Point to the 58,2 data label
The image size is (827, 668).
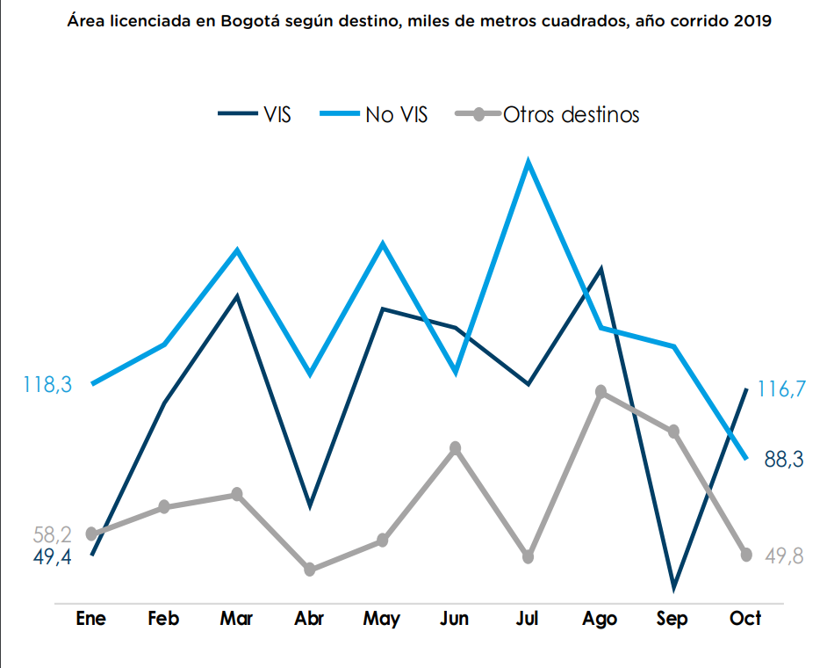pyautogui.click(x=53, y=534)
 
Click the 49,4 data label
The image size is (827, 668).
pyautogui.click(x=53, y=557)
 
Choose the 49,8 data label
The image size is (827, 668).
pyautogui.click(x=784, y=555)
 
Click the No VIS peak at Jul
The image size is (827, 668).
pyautogui.click(x=528, y=163)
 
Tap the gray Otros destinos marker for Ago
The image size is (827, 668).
pyautogui.click(x=600, y=391)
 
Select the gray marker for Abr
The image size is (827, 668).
pyautogui.click(x=309, y=570)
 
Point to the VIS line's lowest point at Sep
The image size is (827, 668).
pyautogui.click(x=673, y=586)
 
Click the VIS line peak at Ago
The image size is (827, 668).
pyautogui.click(x=600, y=269)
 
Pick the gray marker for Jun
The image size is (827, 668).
pyautogui.click(x=455, y=448)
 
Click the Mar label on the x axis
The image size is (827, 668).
pyautogui.click(x=236, y=619)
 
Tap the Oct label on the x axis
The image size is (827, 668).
pyautogui.click(x=745, y=619)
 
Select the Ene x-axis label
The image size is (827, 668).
pyautogui.click(x=91, y=619)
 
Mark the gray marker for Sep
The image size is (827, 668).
pyautogui.click(x=673, y=432)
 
